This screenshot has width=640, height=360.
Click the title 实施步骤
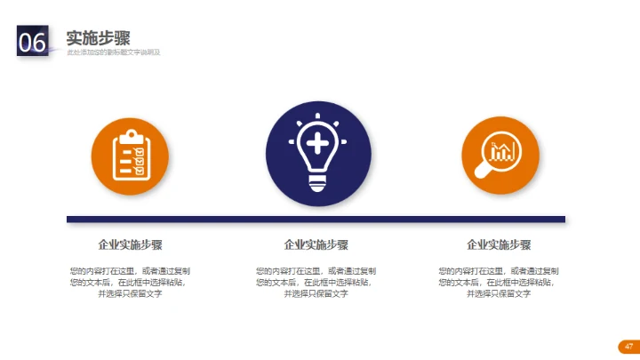pos(99,37)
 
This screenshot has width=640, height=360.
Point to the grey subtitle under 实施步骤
pos(113,52)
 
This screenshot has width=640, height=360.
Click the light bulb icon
pos(318,151)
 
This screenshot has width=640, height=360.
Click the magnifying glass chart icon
pos(500,155)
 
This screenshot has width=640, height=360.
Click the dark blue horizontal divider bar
pos(316,219)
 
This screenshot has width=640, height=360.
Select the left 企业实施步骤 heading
pos(130,244)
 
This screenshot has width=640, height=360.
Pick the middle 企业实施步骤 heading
pos(316,244)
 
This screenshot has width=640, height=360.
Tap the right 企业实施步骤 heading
pos(499,244)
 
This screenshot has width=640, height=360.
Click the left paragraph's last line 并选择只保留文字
pos(130,293)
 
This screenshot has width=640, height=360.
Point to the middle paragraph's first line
pos(316,270)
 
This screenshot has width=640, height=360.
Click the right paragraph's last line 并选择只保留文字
pos(499,293)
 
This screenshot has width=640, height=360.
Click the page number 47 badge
pos(628,346)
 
